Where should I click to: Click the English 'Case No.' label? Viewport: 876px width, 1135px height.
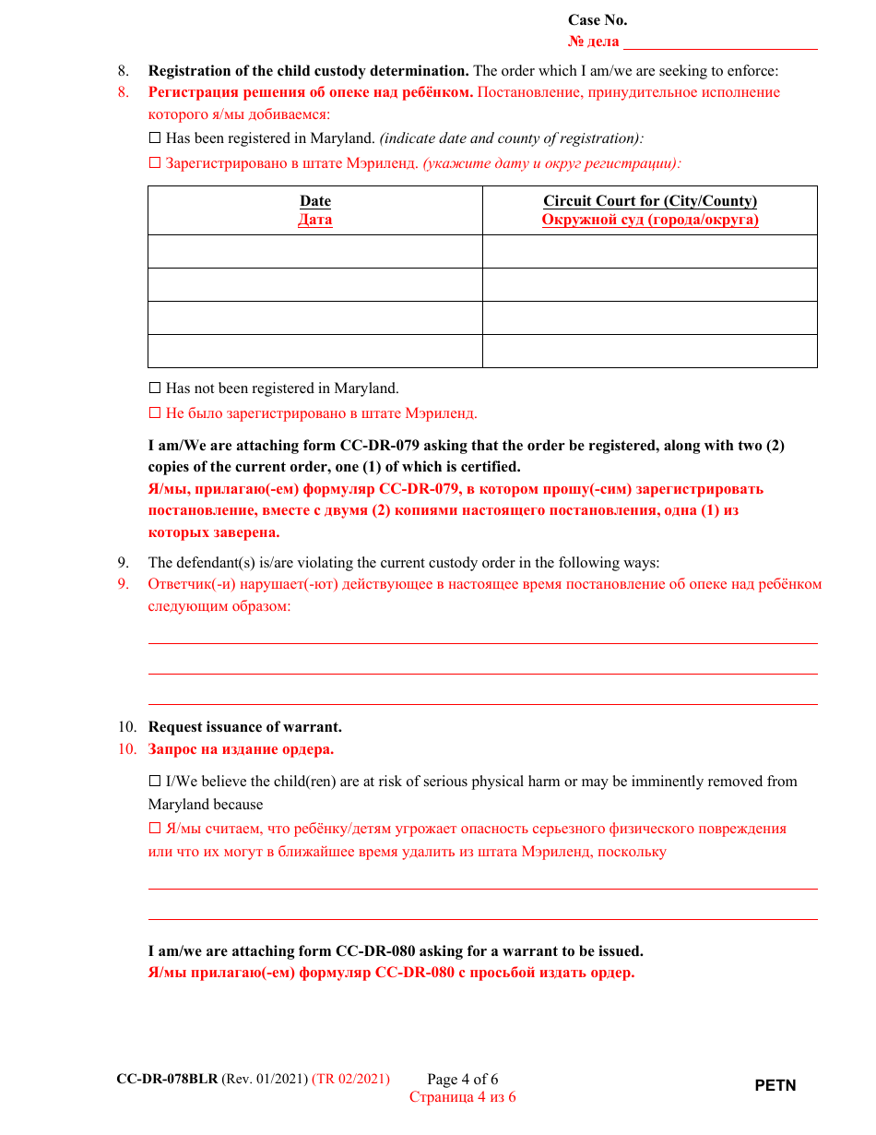click(597, 20)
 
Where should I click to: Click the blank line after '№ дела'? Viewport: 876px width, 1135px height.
click(720, 42)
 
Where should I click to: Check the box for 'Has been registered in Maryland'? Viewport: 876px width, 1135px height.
click(155, 138)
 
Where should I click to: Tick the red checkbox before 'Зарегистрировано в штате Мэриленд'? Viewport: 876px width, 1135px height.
click(155, 163)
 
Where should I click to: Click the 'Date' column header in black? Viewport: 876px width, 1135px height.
click(314, 201)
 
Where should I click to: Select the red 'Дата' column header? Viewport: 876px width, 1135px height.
click(314, 220)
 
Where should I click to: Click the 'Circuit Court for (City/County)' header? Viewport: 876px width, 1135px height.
click(649, 201)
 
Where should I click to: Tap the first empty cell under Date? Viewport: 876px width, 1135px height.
click(314, 251)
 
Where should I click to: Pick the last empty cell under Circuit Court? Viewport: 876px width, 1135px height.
click(649, 351)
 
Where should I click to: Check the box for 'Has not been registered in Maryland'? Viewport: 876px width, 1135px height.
click(155, 388)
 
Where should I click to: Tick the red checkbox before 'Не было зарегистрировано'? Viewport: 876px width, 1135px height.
click(155, 413)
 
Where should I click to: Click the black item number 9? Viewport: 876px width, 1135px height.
click(123, 563)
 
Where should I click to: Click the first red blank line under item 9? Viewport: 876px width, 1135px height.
click(482, 642)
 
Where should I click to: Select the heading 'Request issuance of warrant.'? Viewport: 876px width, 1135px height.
click(244, 727)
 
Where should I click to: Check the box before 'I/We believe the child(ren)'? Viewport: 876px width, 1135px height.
click(155, 782)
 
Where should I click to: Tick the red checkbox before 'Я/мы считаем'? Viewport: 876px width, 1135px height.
click(155, 829)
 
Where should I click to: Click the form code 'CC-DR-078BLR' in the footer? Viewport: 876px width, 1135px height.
click(167, 1079)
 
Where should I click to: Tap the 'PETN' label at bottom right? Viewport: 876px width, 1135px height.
click(775, 1086)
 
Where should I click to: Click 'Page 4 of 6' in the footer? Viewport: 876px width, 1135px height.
click(462, 1080)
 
